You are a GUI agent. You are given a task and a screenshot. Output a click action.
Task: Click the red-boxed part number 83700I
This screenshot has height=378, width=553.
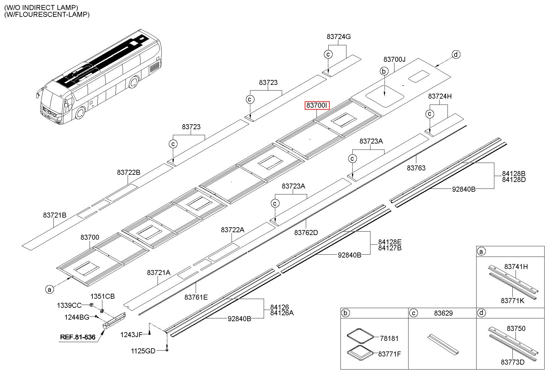317,106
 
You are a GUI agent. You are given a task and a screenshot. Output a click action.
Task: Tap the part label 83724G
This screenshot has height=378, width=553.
339,37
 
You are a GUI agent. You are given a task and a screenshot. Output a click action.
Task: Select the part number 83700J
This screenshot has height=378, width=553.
394,59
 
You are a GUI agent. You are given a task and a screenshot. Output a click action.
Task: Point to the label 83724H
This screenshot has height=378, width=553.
440,96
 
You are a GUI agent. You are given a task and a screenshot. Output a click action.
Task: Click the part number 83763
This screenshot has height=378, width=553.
416,168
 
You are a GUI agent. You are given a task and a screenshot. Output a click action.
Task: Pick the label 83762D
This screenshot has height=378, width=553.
306,233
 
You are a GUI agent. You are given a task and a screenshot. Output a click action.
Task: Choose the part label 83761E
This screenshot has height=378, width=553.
196,297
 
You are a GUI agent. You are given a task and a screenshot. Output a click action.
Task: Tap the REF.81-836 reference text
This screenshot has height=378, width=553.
78,337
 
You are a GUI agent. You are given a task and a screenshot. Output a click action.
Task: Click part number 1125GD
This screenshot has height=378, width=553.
143,351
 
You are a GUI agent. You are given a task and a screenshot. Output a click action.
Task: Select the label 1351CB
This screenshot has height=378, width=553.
102,296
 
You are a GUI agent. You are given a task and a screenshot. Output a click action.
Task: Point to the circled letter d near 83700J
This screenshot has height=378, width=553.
456,55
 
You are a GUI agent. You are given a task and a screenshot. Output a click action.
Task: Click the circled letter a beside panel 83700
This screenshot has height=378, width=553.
49,290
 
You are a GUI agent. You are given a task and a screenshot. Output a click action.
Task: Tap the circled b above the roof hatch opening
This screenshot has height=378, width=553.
384,71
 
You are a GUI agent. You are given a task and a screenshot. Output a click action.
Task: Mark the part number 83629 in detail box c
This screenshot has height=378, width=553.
443,313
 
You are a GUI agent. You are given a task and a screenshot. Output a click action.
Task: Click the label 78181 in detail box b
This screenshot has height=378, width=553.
389,338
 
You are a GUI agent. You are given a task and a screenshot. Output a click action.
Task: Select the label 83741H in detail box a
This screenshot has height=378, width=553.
516,267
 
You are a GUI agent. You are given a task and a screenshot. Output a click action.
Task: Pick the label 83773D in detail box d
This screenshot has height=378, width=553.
512,362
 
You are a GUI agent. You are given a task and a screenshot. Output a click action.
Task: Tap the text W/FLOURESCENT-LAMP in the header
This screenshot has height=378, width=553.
47,14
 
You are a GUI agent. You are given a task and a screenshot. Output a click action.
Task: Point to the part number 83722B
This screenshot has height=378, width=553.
129,172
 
